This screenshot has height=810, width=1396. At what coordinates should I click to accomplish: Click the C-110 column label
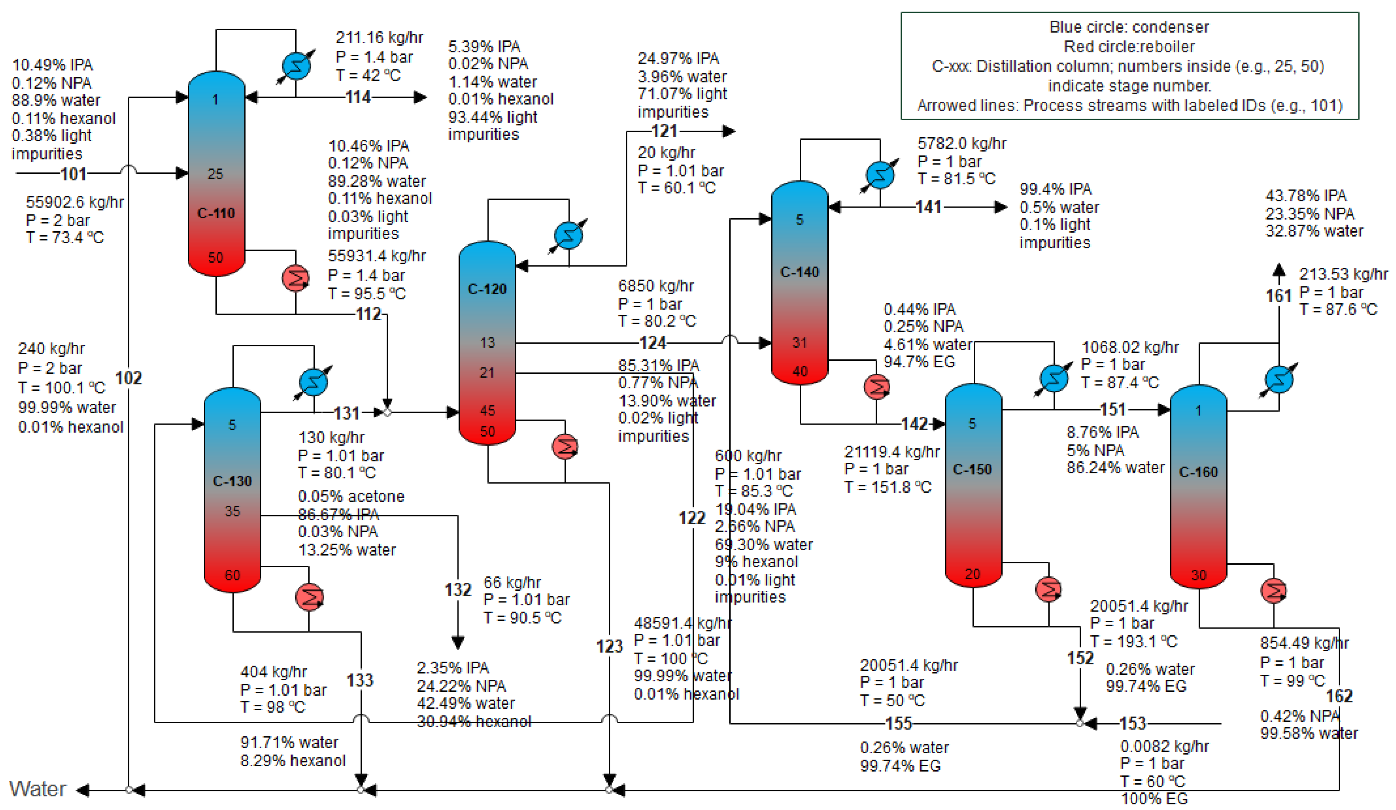pyautogui.click(x=216, y=213)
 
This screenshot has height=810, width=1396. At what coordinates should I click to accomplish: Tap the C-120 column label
pyautogui.click(x=487, y=289)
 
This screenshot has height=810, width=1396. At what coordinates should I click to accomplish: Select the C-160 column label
pyautogui.click(x=1198, y=472)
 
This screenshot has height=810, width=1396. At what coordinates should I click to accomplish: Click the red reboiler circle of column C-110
pyautogui.click(x=295, y=278)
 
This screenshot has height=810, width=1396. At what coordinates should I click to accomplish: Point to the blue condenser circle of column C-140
pyautogui.click(x=880, y=175)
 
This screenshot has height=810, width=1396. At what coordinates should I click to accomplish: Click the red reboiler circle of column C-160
pyautogui.click(x=1273, y=591)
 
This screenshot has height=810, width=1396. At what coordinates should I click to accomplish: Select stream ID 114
pyautogui.click(x=358, y=97)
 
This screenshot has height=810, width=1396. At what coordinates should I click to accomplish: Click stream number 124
pyautogui.click(x=653, y=343)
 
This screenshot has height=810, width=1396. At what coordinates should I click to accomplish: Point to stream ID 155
pyautogui.click(x=898, y=724)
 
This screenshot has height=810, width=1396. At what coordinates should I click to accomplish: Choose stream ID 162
pyautogui.click(x=1339, y=696)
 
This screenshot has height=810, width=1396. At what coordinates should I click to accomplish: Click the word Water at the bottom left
pyautogui.click(x=38, y=789)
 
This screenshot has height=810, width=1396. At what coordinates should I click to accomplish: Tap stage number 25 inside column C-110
pyautogui.click(x=215, y=174)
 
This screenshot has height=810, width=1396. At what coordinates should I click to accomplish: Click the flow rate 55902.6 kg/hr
pyautogui.click(x=75, y=202)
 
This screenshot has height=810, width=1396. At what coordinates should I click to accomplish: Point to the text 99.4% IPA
pyautogui.click(x=1055, y=190)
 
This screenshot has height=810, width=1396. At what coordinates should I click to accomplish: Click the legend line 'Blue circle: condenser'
pyautogui.click(x=1129, y=27)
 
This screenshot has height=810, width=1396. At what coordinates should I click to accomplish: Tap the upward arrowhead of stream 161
pyautogui.click(x=1279, y=270)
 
